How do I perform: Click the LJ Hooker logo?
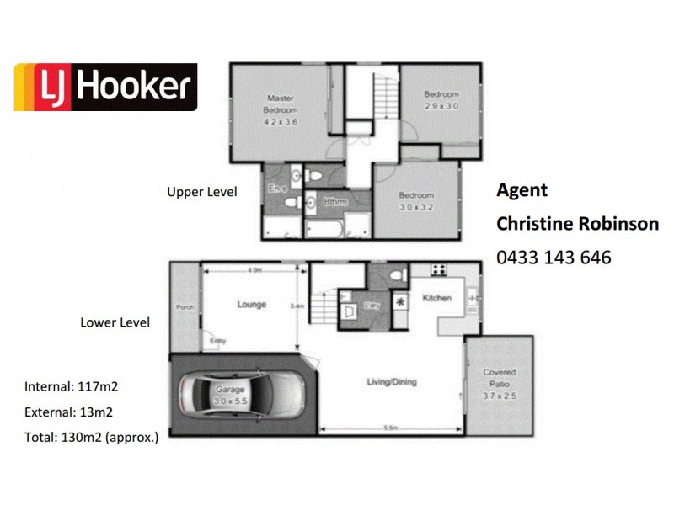pos(105,87)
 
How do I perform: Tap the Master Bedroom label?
pos(280,104)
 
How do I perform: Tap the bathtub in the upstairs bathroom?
pos(324,228)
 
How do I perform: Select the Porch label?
pos(185,308)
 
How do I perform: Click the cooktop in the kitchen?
pos(439,270)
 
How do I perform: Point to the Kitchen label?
pos(437,298)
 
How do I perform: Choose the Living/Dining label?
pos(391,382)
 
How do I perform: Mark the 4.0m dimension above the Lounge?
pos(255,270)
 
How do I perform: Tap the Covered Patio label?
pos(499,377)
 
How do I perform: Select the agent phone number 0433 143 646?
pos(554,258)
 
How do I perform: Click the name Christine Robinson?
pos(577,224)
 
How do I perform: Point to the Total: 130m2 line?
pos(91,437)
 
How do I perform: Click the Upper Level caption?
pos(201,192)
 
